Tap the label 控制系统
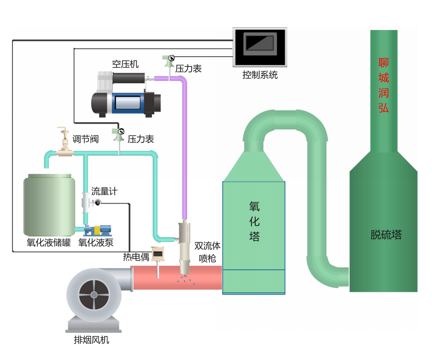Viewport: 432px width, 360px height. coord(260,75)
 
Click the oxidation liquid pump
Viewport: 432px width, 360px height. coord(98,230)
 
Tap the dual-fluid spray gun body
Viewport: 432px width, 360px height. coord(185,242)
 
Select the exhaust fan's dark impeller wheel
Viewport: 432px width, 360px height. coord(93,294)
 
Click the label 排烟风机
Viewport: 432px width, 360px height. coord(92,341)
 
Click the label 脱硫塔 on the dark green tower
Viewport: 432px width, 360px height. coord(386,235)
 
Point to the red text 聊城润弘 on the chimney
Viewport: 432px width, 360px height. coord(384,85)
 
